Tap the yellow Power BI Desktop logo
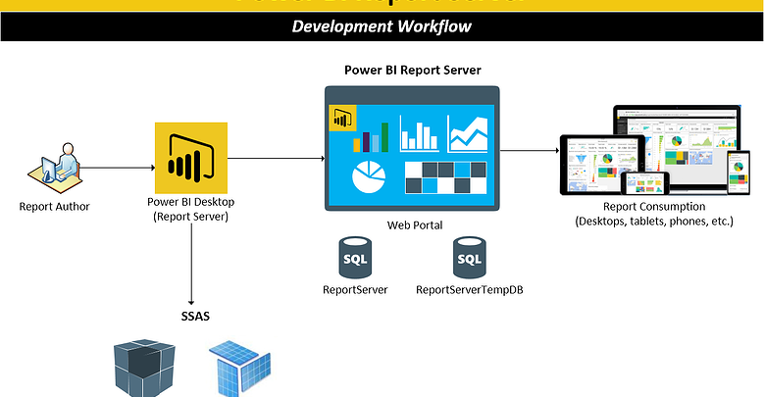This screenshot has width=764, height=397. pyautogui.click(x=191, y=157)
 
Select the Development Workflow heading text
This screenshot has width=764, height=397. pyautogui.click(x=382, y=25)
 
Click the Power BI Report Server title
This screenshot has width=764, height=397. pyautogui.click(x=412, y=70)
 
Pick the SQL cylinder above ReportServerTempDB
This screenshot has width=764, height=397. pyautogui.click(x=469, y=259)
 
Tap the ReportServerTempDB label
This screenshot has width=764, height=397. pyautogui.click(x=469, y=290)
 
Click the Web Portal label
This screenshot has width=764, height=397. pyautogui.click(x=413, y=224)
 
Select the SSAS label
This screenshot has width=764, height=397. pyautogui.click(x=191, y=316)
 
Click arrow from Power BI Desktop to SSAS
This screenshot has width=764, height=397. pyautogui.click(x=191, y=265)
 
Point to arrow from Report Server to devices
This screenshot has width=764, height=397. pyautogui.click(x=530, y=150)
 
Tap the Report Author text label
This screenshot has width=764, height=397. pyautogui.click(x=55, y=206)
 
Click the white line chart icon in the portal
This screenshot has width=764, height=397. pyautogui.click(x=468, y=133)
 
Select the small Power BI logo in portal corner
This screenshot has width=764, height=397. pyautogui.click(x=342, y=118)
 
